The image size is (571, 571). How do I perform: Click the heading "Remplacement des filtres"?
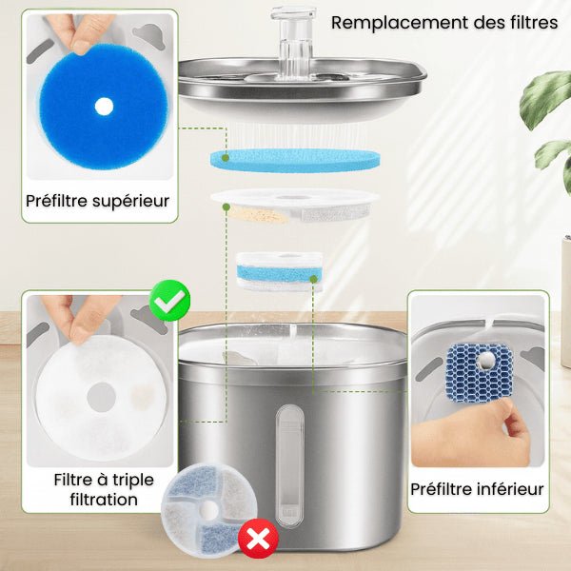point(444,22)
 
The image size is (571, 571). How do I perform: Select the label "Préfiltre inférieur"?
point(477,489)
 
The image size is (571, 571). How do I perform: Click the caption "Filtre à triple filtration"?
point(97,489)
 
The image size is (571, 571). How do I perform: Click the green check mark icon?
point(171,302)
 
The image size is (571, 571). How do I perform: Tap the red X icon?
point(258,540)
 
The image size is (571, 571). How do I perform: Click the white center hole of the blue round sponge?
point(104,107)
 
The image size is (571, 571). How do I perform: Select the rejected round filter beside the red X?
point(205,511)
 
